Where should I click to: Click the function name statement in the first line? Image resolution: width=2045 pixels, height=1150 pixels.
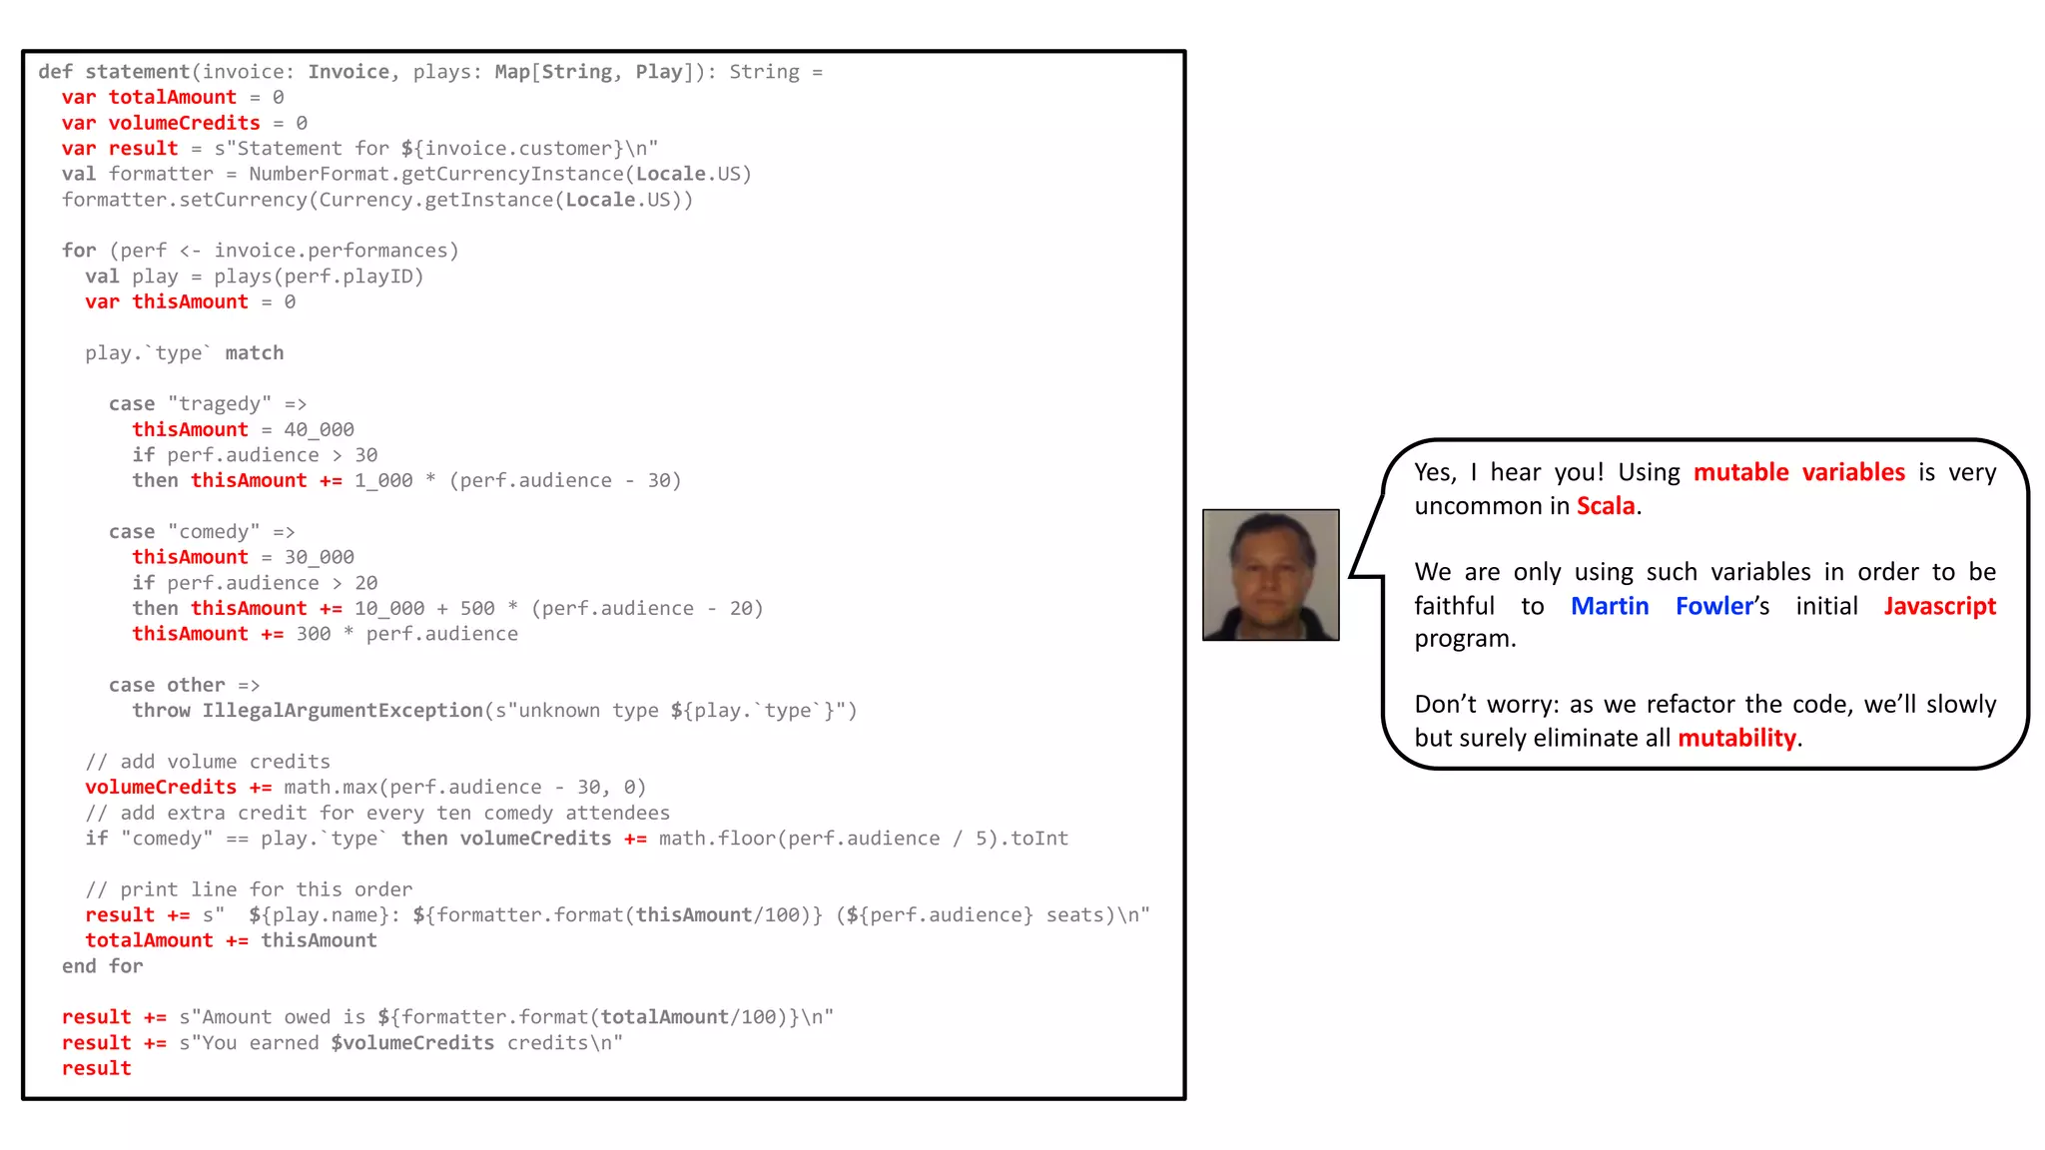point(137,72)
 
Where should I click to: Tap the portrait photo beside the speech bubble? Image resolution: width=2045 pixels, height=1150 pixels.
point(1270,575)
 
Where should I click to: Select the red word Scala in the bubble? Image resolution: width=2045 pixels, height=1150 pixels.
point(1605,506)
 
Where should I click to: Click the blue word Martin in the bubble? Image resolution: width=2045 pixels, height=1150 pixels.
point(1609,606)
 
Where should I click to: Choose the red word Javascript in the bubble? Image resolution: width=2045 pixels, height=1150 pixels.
point(1939,606)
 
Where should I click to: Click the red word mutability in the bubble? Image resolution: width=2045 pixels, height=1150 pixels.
point(1736,738)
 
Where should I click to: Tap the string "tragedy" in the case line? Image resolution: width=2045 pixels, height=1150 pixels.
point(220,404)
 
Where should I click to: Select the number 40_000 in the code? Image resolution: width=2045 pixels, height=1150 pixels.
point(319,430)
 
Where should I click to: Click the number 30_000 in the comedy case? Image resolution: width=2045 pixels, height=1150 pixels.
point(319,558)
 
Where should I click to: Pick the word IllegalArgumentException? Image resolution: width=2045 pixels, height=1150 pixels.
point(342,711)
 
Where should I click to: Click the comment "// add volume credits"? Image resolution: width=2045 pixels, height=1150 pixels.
point(208,762)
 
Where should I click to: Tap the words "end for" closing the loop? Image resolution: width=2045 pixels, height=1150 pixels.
point(102,966)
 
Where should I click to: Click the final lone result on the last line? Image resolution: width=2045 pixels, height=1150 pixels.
point(96,1068)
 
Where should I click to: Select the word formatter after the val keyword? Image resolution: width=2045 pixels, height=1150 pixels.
point(161,174)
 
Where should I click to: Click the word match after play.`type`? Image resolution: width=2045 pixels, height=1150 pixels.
point(254,353)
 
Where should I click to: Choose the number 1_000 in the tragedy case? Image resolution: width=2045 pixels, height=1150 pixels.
point(383,481)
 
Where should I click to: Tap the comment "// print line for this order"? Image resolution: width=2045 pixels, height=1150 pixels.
point(249,889)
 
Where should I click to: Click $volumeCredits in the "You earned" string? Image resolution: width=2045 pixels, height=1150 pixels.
point(412,1043)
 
